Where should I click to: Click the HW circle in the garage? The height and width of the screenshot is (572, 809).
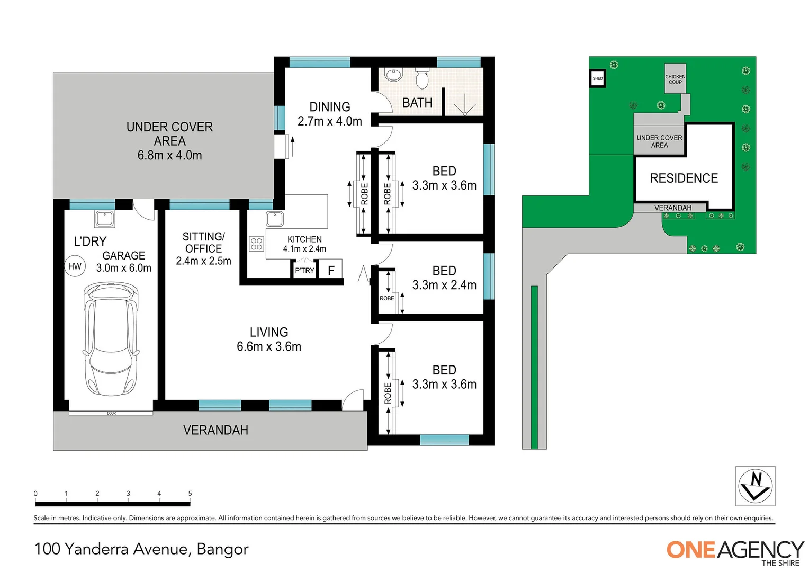75,266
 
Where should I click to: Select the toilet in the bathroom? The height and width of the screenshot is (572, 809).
422,79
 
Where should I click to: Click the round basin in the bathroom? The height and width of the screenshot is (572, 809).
393,75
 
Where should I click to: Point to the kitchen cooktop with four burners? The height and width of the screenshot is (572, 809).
256,244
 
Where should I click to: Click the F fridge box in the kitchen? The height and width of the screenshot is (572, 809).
331,270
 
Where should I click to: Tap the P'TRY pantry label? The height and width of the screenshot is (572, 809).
304,271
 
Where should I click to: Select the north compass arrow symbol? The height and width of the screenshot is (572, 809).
755,486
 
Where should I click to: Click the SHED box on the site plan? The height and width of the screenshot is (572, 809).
597,78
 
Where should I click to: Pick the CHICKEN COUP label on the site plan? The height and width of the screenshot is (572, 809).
675,79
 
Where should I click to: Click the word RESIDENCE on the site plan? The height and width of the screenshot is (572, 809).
684,178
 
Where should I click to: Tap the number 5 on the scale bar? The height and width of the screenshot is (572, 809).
190,494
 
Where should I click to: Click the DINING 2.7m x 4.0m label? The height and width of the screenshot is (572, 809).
330,114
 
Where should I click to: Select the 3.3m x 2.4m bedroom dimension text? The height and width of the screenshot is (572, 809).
444,285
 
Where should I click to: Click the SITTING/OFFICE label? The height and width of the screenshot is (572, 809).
203,243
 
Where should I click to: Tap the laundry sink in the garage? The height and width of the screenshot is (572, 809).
105,218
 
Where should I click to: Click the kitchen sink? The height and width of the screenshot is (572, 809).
274,218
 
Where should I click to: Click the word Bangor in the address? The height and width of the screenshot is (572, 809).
222,549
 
